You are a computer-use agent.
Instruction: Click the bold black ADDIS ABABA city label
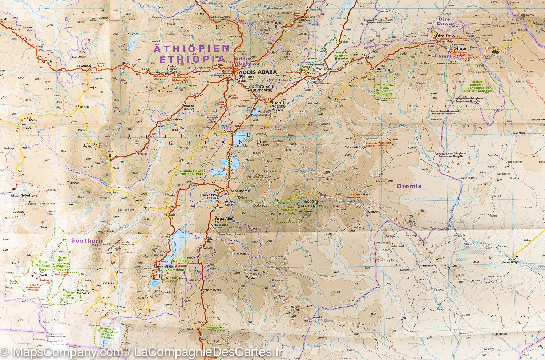(258, 72)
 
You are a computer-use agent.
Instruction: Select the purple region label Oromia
(409, 186)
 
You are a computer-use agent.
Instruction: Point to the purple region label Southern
(86, 240)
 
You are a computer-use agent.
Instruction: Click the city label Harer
(461, 49)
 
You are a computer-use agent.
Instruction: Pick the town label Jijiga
(496, 52)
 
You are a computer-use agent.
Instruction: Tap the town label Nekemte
(83, 66)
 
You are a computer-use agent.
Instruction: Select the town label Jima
(113, 156)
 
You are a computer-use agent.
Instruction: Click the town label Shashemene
(238, 191)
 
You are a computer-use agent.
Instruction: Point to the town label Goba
(309, 201)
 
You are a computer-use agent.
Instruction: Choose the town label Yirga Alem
(225, 219)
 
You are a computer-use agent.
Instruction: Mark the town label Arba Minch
(165, 267)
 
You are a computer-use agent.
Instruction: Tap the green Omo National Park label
(43, 265)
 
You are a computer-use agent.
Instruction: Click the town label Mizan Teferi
(21, 196)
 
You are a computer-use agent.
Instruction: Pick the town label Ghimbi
(53, 61)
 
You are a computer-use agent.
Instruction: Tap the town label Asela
(264, 145)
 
